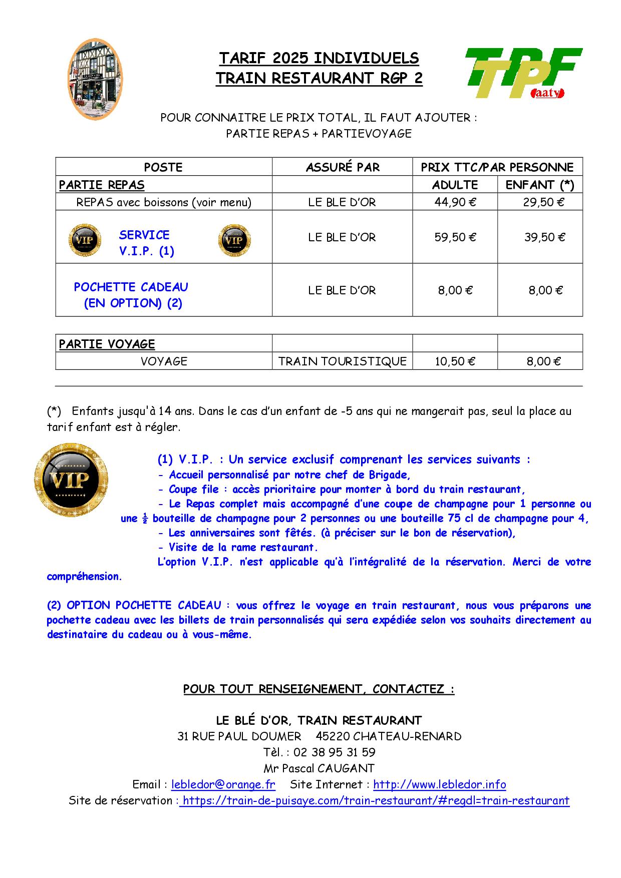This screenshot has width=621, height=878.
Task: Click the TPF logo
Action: pyautogui.click(x=523, y=73)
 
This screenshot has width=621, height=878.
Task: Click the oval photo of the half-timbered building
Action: pyautogui.click(x=95, y=80)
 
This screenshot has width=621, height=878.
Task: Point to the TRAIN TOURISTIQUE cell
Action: pyautogui.click(x=342, y=361)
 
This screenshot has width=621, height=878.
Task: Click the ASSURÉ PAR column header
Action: pyautogui.click(x=343, y=167)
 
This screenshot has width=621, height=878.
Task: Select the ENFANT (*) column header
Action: pyautogui.click(x=540, y=185)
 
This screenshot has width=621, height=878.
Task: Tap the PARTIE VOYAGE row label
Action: pyautogui.click(x=107, y=344)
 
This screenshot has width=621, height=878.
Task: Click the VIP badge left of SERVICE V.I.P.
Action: pyautogui.click(x=84, y=240)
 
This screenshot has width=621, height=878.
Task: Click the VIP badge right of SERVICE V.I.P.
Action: pyautogui.click(x=234, y=240)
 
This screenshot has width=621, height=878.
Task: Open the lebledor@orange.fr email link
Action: pyautogui.click(x=223, y=784)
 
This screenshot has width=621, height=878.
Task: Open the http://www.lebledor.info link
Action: pyautogui.click(x=439, y=784)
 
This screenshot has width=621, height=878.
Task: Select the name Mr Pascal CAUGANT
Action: pyautogui.click(x=319, y=768)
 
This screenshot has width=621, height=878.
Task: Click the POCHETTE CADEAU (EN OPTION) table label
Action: pyautogui.click(x=131, y=295)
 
